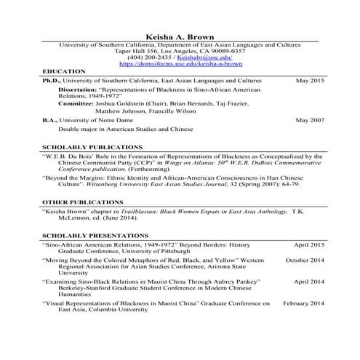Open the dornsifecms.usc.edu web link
pos(179,65)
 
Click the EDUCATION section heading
pos(64,72)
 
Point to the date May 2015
pos(309,81)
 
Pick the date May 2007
pos(309,119)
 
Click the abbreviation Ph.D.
pos(52,81)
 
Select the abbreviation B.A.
pos(51,119)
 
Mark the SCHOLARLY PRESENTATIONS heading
pos(93,236)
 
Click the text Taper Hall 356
pos(137,52)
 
